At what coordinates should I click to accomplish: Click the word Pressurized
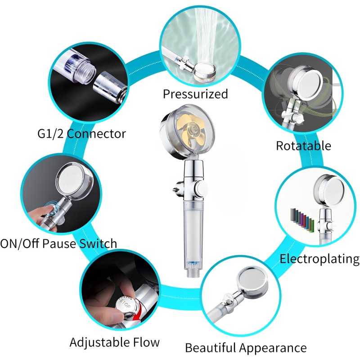pos(195,94)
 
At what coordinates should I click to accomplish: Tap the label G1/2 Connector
pos(82,134)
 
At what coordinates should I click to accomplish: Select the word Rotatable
pos(303,146)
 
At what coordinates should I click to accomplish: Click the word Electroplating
pos(319,259)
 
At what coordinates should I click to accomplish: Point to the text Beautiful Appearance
pos(246,348)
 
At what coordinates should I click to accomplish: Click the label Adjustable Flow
pos(115,342)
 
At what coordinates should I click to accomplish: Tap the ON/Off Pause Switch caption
pos(58,243)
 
